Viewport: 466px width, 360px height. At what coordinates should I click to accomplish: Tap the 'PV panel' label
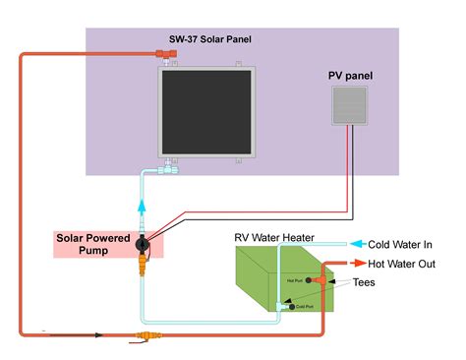tap(350, 76)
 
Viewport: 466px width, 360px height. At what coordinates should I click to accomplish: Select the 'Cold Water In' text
tap(400, 244)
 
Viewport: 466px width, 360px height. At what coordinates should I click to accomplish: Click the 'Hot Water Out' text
tap(401, 264)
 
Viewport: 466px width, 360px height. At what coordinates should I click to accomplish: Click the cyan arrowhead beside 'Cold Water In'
tap(359, 244)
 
